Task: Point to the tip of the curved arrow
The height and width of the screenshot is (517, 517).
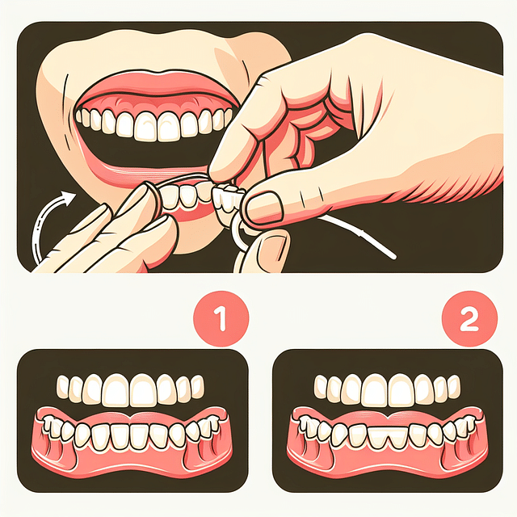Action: (71, 195)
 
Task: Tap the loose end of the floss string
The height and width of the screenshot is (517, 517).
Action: (392, 257)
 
